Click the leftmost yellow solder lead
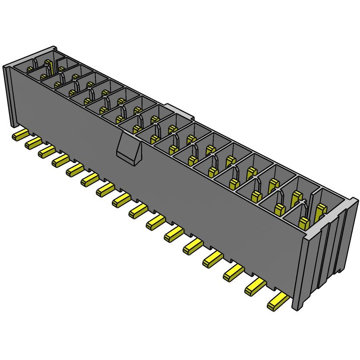(x=19, y=136)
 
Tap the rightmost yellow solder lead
(x=277, y=303)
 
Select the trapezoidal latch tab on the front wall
(x=129, y=149)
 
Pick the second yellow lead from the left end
(x=32, y=143)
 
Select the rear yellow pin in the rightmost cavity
(x=321, y=211)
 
